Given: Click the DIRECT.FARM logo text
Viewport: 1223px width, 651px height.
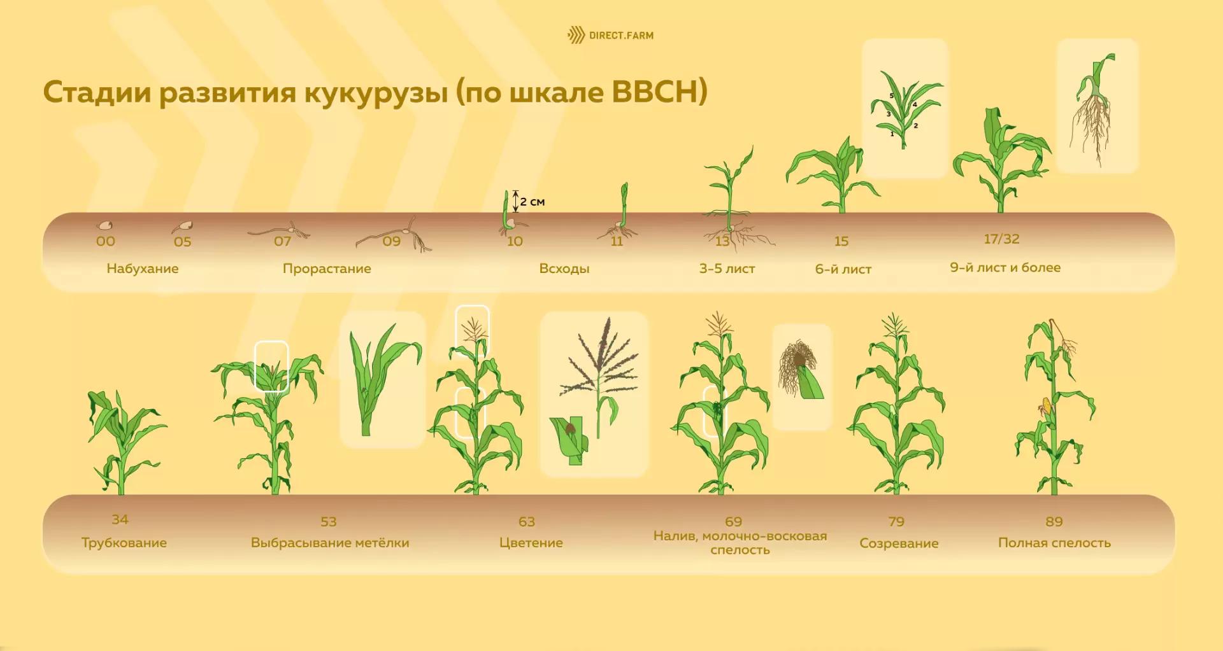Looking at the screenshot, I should (x=621, y=36).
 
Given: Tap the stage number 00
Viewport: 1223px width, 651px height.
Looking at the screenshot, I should (x=106, y=241).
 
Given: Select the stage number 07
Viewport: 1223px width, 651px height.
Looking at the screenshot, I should (x=282, y=241).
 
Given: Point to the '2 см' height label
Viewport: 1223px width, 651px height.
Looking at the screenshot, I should (x=533, y=202).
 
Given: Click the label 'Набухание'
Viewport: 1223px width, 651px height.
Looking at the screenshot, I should (x=143, y=269).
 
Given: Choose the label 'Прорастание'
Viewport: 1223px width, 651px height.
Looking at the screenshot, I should (x=327, y=269).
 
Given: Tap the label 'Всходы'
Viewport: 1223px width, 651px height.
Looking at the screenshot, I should (x=564, y=269).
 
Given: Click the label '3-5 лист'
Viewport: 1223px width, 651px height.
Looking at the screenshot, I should (x=727, y=269).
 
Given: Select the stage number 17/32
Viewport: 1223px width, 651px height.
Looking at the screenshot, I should (x=1001, y=239).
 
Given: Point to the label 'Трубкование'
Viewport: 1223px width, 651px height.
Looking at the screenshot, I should (x=124, y=543).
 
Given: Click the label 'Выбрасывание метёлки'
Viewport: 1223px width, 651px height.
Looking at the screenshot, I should (x=330, y=543).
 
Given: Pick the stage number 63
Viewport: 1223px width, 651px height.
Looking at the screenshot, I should (x=527, y=522).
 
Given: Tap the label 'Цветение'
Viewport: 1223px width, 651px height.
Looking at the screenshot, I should (x=531, y=543).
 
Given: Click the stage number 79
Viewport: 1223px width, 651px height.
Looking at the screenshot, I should (x=896, y=522).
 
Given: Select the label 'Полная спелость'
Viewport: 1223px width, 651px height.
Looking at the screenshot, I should (x=1054, y=543).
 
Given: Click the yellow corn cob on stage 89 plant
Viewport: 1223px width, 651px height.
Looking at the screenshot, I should (x=1046, y=407).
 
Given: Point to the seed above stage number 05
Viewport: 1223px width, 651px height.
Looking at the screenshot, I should (x=183, y=226).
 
